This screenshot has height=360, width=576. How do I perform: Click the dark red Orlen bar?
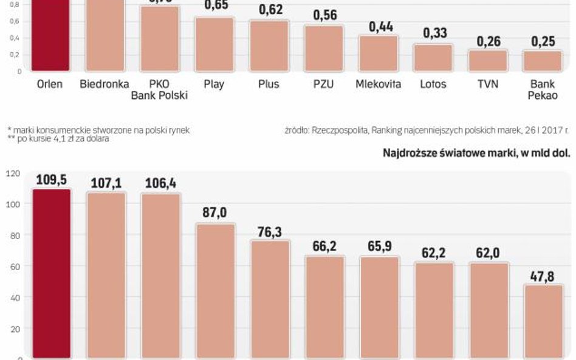[x=52, y=36]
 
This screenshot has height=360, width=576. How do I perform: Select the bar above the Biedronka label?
[x=106, y=36]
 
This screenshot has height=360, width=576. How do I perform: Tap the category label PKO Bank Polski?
[x=160, y=89]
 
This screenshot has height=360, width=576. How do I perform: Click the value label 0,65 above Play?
[x=216, y=6]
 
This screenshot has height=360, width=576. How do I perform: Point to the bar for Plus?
[x=270, y=46]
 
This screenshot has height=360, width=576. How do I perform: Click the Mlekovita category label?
[x=379, y=84]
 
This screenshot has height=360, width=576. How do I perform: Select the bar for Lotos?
[x=433, y=58]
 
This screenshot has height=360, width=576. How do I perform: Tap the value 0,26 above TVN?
[x=488, y=41]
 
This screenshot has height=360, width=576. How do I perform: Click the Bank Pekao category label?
[x=543, y=89]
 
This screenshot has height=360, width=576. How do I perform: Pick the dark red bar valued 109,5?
[x=52, y=273]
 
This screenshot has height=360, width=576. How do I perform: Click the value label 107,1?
[x=106, y=183]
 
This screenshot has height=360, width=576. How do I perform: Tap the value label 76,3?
[x=270, y=233]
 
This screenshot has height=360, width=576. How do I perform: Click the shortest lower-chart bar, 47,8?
[x=543, y=322]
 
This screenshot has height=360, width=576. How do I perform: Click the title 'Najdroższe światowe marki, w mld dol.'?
[x=476, y=152]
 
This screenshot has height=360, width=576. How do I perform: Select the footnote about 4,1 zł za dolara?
[x=58, y=139]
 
